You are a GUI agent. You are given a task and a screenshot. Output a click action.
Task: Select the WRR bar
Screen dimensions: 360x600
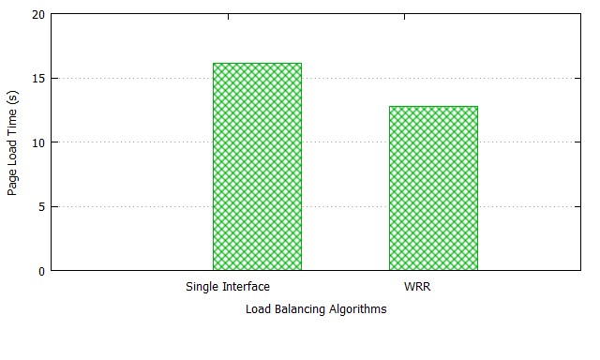(x=433, y=188)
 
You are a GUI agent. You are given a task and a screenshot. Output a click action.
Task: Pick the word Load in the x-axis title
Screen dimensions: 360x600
(x=259, y=308)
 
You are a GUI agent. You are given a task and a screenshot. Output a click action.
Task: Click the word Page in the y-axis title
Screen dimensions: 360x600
(x=12, y=183)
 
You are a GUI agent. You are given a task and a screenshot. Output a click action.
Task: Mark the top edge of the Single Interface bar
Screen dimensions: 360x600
(x=257, y=63)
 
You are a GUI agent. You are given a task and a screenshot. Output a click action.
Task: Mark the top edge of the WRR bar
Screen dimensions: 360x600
(x=433, y=106)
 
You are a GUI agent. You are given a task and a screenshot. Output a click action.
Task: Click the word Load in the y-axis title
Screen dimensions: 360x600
(x=12, y=154)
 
